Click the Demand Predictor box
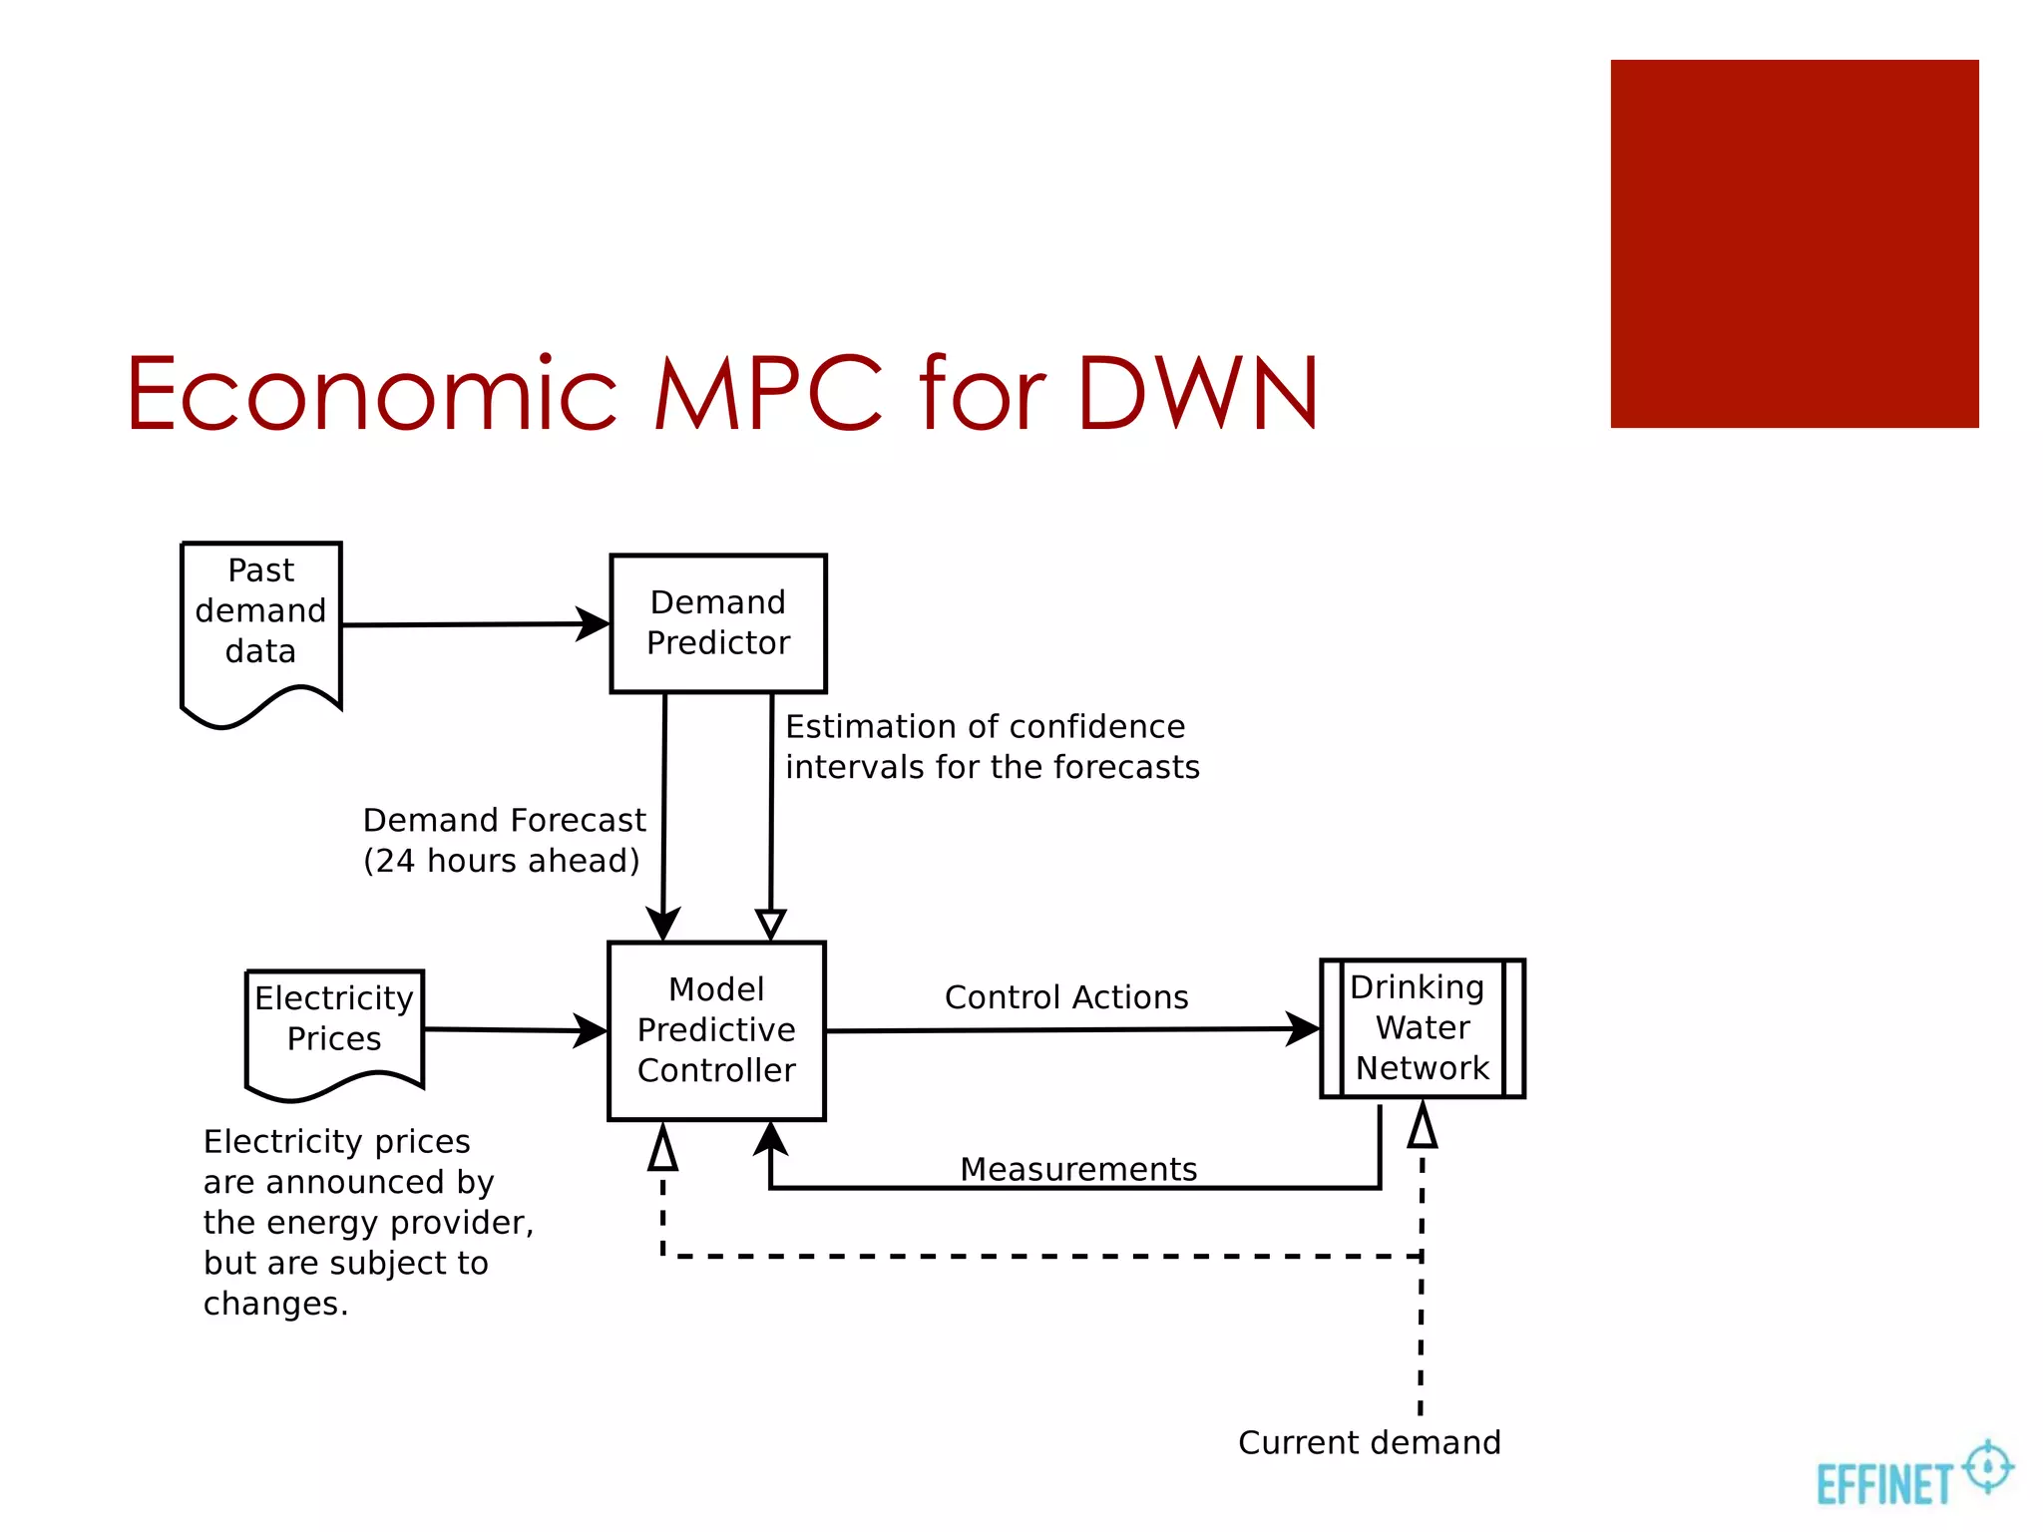pos(718,623)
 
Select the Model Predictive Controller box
pos(716,1030)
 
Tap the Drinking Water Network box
pos(1423,1028)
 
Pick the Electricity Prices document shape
pos(334,1027)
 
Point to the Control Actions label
pos(1066,997)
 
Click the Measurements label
pos(1078,1169)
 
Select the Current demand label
pos(1369,1442)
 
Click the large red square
pos(1794,243)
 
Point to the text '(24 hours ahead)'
pos(501,861)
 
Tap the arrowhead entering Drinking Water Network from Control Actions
pos(1304,1028)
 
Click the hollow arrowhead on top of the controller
pos(770,925)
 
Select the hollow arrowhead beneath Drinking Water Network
pos(1423,1125)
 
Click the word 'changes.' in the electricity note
pos(275,1304)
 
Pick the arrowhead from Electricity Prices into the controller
pos(592,1030)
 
